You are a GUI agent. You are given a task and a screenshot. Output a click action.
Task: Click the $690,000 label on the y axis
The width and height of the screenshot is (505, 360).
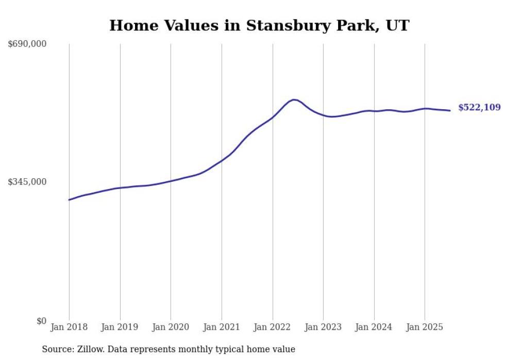point(27,44)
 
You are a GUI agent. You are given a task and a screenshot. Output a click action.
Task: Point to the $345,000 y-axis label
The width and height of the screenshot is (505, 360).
point(27,182)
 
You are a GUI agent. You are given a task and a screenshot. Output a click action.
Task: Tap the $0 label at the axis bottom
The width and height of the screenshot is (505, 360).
point(41,321)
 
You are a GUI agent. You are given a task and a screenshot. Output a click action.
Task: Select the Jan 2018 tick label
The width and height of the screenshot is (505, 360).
point(69,327)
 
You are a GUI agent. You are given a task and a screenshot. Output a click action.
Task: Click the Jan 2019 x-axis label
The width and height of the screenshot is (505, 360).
point(120,327)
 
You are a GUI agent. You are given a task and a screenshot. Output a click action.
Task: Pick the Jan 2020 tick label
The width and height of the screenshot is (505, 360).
point(171,327)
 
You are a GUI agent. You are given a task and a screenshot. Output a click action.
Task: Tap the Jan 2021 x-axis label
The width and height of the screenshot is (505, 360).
point(222,327)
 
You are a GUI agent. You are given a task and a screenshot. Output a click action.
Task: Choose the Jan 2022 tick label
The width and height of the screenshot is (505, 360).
point(273,327)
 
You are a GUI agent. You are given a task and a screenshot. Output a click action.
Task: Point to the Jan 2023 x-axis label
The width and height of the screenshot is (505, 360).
point(323,327)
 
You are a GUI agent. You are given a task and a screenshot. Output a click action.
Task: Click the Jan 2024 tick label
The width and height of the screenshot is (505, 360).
point(374,327)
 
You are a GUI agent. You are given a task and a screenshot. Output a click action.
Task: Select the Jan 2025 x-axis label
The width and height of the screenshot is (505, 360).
point(425,327)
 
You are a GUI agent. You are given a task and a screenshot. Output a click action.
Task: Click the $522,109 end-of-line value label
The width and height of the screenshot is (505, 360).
point(479,108)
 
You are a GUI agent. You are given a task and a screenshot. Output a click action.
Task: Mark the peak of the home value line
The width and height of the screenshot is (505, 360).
point(293,99)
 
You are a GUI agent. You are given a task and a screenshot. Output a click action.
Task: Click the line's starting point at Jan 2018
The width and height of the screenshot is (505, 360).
point(69,200)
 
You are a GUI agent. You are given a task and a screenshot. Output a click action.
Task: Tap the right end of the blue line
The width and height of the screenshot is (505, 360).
point(450,110)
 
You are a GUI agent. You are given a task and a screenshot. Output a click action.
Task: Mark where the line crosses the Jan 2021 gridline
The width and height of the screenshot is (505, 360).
point(222,160)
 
